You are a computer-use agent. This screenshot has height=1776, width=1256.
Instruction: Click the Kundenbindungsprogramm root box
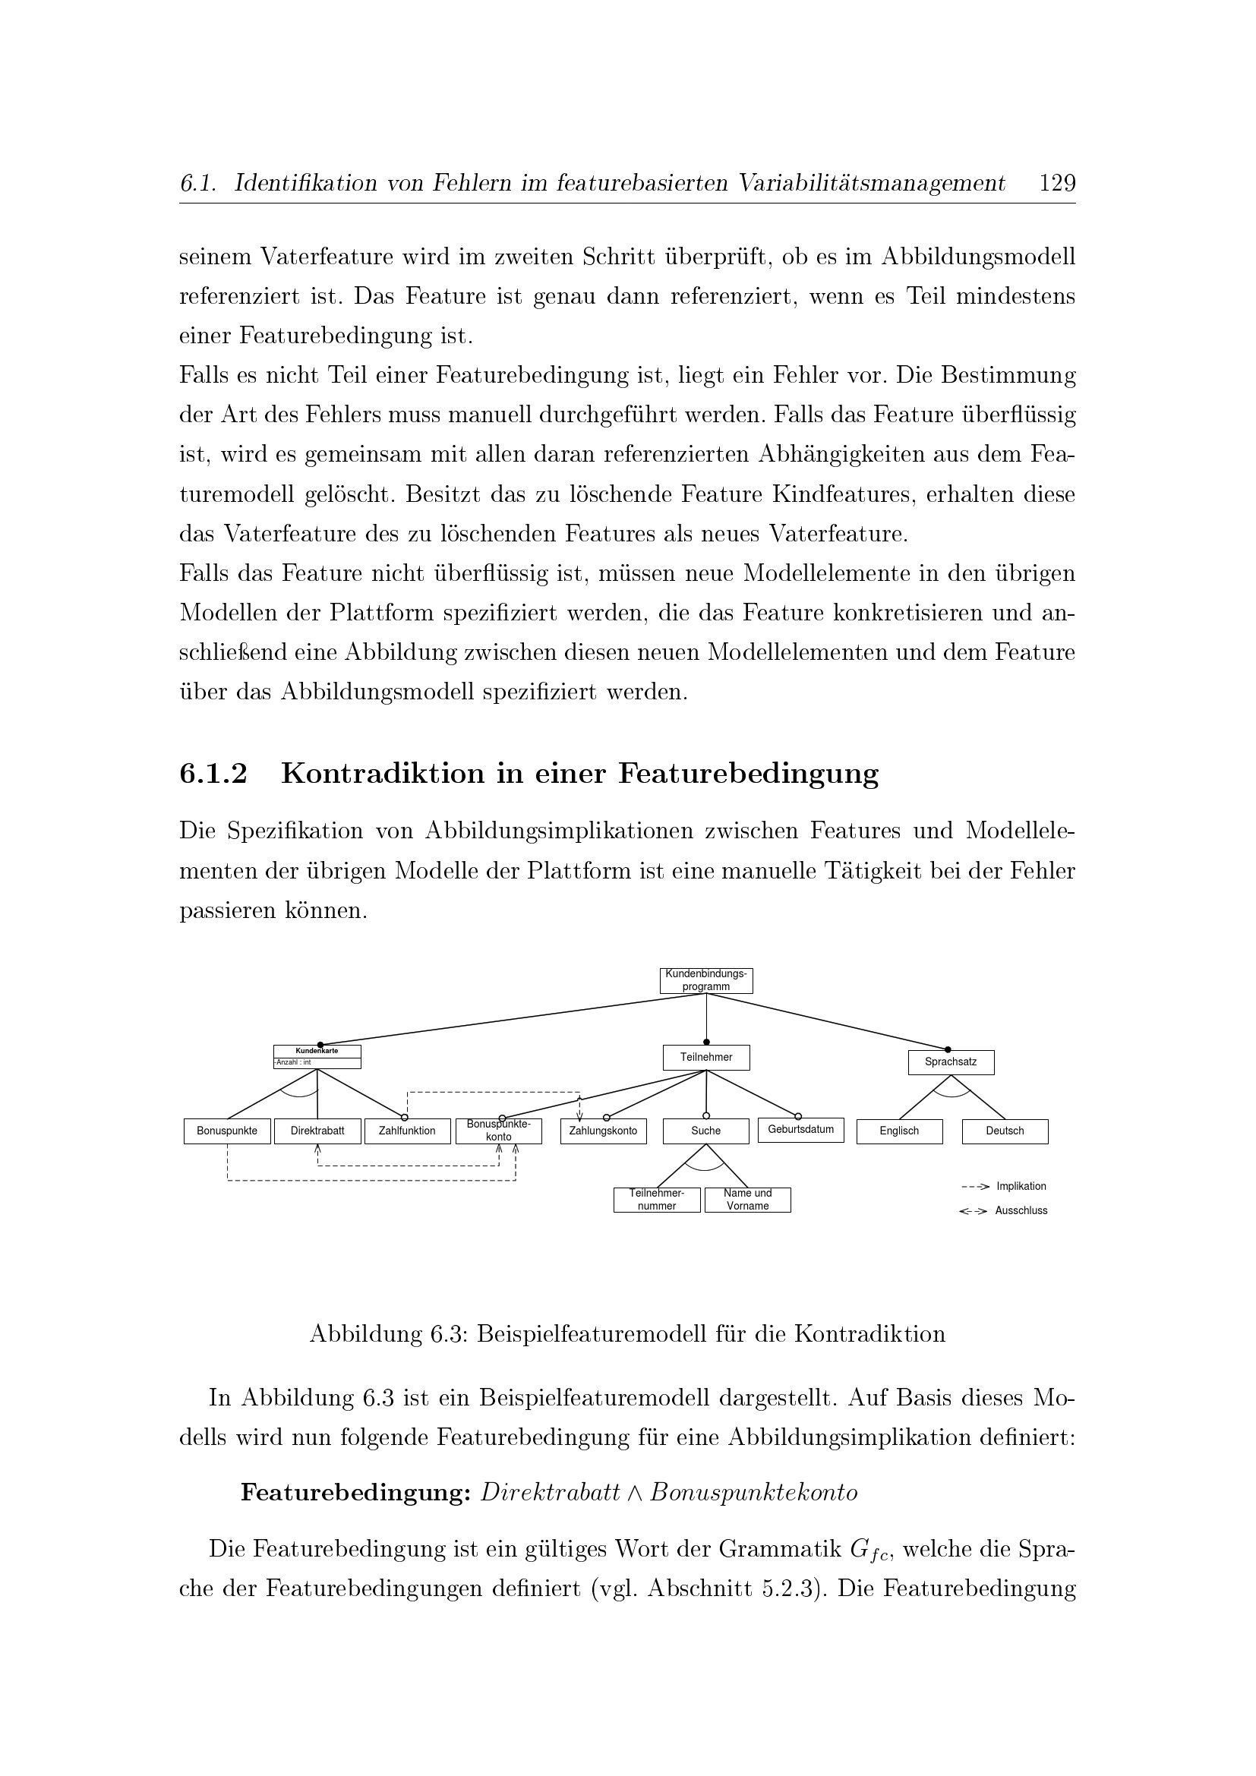[x=705, y=980]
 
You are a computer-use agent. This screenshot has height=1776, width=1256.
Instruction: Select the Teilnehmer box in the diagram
[x=705, y=1057]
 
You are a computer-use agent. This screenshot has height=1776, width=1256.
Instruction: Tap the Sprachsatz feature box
[x=951, y=1061]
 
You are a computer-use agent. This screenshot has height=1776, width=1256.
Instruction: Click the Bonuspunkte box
[x=226, y=1131]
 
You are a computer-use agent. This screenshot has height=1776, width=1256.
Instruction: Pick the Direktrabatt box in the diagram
[x=317, y=1131]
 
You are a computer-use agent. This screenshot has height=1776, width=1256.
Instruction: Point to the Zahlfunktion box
[x=407, y=1131]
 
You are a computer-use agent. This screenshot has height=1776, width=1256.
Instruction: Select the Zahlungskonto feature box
[x=603, y=1131]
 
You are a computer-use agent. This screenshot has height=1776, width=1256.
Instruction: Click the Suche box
[x=705, y=1131]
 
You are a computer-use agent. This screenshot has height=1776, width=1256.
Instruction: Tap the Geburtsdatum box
[x=800, y=1129]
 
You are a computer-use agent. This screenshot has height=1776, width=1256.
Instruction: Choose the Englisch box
[x=898, y=1131]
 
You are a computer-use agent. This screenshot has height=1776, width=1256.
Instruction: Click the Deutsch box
[x=1005, y=1131]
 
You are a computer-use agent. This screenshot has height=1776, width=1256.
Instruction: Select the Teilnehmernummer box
[x=657, y=1200]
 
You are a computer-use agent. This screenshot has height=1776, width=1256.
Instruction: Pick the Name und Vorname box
[x=747, y=1200]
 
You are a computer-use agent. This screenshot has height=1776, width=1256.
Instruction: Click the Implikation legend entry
[x=1020, y=1187]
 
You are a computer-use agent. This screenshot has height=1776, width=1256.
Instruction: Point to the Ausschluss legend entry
[x=1020, y=1210]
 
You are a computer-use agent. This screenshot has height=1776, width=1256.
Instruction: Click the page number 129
[x=1057, y=183]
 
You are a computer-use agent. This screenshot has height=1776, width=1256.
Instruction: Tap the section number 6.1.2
[x=213, y=774]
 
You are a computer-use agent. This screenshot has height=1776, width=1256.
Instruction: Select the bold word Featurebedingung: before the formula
[x=355, y=1493]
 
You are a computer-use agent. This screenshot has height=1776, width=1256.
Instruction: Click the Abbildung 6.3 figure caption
[x=627, y=1334]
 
